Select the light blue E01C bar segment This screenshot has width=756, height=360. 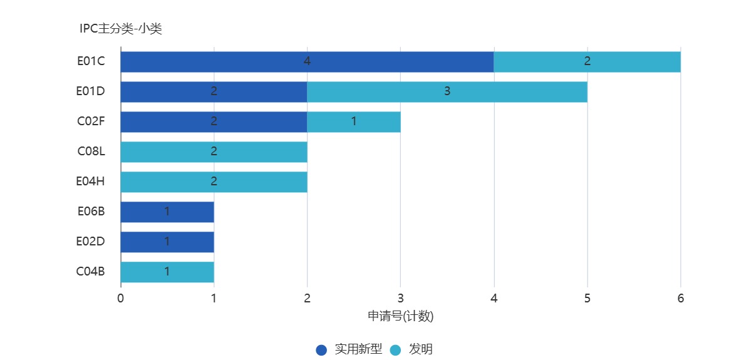(587, 61)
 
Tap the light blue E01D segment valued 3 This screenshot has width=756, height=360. (447, 91)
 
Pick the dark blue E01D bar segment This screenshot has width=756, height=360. (214, 91)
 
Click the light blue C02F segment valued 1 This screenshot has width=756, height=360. (354, 121)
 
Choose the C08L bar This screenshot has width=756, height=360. (214, 152)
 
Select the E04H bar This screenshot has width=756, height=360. (214, 182)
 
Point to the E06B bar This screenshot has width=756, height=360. (167, 212)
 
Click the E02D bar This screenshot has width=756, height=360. (167, 242)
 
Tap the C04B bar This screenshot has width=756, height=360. (167, 272)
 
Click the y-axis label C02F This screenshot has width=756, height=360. (91, 121)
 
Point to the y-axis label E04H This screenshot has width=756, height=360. (91, 182)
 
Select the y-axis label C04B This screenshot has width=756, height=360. (91, 272)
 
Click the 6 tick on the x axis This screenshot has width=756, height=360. (681, 298)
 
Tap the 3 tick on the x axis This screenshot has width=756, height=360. (400, 298)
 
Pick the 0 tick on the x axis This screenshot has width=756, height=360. (121, 298)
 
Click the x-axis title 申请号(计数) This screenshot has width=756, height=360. (400, 316)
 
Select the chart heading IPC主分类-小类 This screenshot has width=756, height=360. (120, 28)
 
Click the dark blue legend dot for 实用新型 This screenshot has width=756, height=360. (321, 350)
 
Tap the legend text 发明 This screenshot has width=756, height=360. (421, 349)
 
